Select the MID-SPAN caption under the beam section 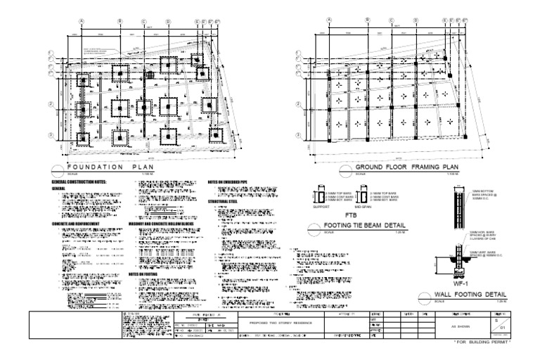pyautogui.click(x=368, y=207)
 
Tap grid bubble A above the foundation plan pyautogui.click(x=81, y=22)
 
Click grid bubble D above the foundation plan pyautogui.click(x=168, y=22)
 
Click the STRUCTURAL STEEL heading pyautogui.click(x=224, y=202)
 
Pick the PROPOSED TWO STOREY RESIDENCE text pyautogui.click(x=280, y=322)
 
